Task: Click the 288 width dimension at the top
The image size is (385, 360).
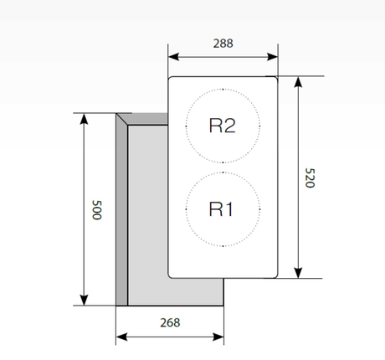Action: coord(223,43)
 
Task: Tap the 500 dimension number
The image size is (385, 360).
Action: coord(96,209)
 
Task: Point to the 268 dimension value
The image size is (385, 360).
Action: coord(169,322)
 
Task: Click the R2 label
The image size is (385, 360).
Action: coord(222,126)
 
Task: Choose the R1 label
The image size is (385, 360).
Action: coord(222,209)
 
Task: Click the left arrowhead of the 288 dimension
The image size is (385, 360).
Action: coord(173,58)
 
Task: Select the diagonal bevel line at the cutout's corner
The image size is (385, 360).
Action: coord(122,120)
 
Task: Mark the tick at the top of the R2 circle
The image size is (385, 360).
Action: coord(222,89)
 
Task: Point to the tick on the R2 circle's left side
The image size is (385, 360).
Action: coord(184,126)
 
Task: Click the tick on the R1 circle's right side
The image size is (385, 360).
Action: coord(259,209)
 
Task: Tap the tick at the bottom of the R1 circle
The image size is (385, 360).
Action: coord(222,247)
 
